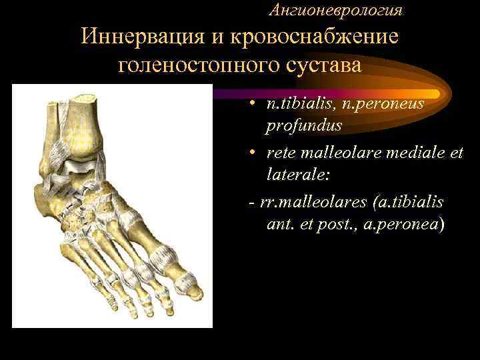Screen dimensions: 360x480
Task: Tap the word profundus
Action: click(304, 125)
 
